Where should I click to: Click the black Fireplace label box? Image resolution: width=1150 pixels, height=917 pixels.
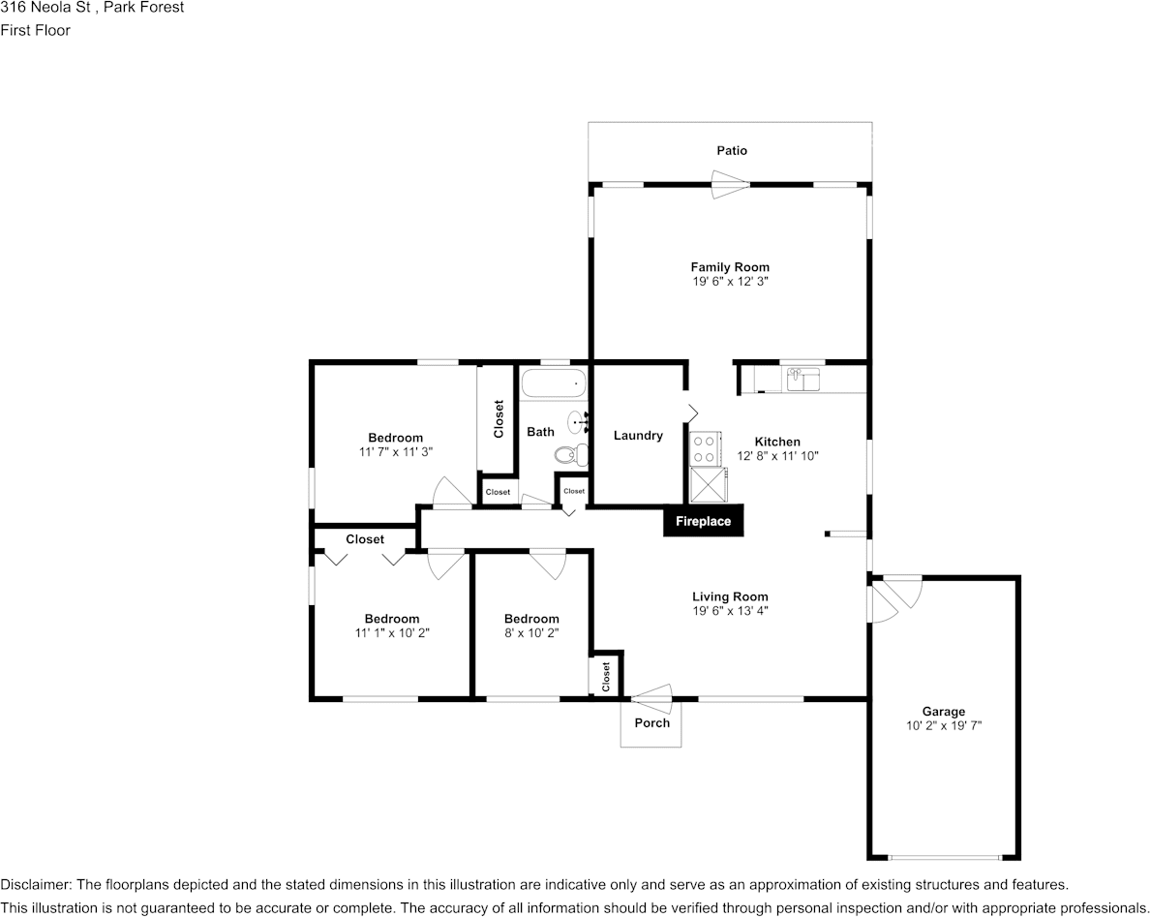pos(703,521)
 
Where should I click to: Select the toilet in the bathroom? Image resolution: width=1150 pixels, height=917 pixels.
pos(571,453)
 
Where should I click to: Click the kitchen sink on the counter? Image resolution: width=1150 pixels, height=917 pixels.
pos(802,379)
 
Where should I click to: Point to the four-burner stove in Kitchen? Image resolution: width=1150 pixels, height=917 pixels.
pos(705,448)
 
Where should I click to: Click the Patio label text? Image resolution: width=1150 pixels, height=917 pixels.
pos(731,150)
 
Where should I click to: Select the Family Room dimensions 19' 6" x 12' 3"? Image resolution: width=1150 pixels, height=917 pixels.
pos(730,281)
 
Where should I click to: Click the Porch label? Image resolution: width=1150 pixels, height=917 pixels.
pos(651,722)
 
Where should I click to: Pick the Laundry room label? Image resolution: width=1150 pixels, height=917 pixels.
pos(638,436)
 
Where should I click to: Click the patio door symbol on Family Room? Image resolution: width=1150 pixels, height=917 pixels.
pos(731,184)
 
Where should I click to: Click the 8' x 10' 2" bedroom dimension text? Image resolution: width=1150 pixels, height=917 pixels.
pos(531,632)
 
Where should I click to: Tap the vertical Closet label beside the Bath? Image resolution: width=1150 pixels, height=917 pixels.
pos(499,418)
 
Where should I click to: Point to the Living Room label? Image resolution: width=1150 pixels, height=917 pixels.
pos(730,596)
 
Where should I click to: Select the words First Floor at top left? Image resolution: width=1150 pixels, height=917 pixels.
pos(35,30)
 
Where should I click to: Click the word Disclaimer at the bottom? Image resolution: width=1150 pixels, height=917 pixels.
pos(34,884)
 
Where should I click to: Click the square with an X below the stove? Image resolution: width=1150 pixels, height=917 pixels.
pos(707,484)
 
